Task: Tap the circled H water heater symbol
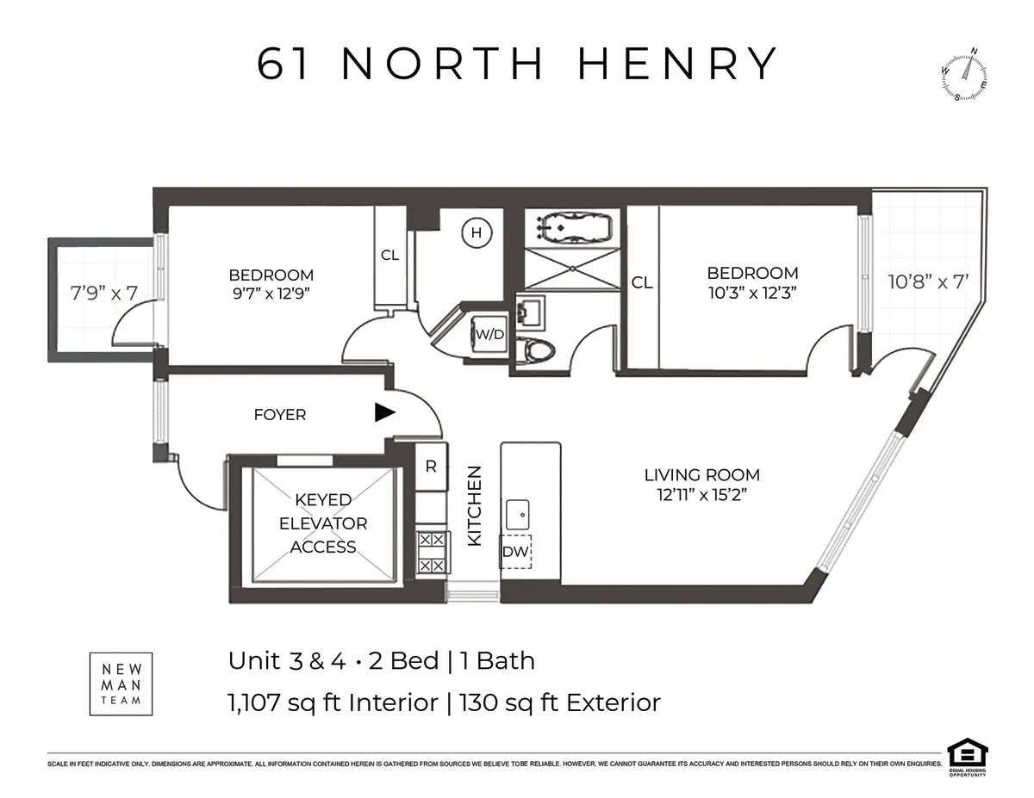[475, 232]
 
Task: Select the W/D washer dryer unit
[489, 334]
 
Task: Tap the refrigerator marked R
[431, 467]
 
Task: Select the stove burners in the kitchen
[432, 552]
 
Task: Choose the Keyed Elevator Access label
[323, 523]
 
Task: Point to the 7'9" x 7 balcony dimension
[104, 292]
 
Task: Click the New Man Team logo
[121, 684]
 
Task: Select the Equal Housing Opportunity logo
[966, 757]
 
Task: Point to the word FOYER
[279, 415]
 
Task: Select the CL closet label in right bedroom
[642, 282]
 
